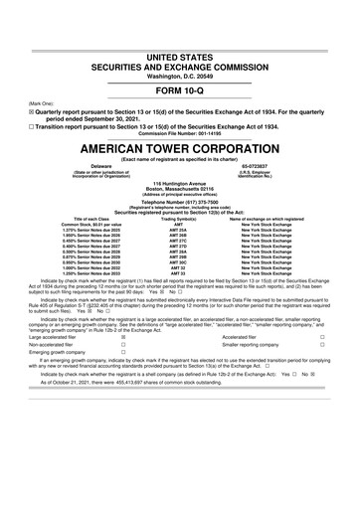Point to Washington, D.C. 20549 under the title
(180, 49)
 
